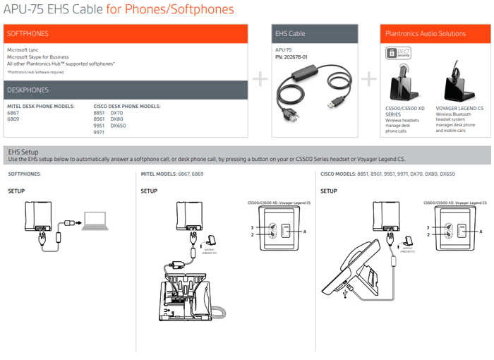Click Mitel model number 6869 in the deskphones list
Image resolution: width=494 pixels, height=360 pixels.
pyautogui.click(x=13, y=119)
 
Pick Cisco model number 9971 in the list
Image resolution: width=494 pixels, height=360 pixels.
pyautogui.click(x=99, y=132)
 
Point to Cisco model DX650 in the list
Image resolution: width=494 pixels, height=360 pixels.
pyautogui.click(x=117, y=126)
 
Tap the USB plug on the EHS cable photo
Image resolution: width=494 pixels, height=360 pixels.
pyautogui.click(x=331, y=104)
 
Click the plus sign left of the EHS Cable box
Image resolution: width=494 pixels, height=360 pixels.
pyautogui.click(x=261, y=78)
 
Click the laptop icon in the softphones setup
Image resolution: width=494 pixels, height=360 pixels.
pyautogui.click(x=94, y=220)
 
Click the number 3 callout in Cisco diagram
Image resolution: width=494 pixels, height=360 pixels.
pyautogui.click(x=428, y=227)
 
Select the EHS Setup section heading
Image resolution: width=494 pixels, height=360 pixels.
pyautogui.click(x=23, y=152)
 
